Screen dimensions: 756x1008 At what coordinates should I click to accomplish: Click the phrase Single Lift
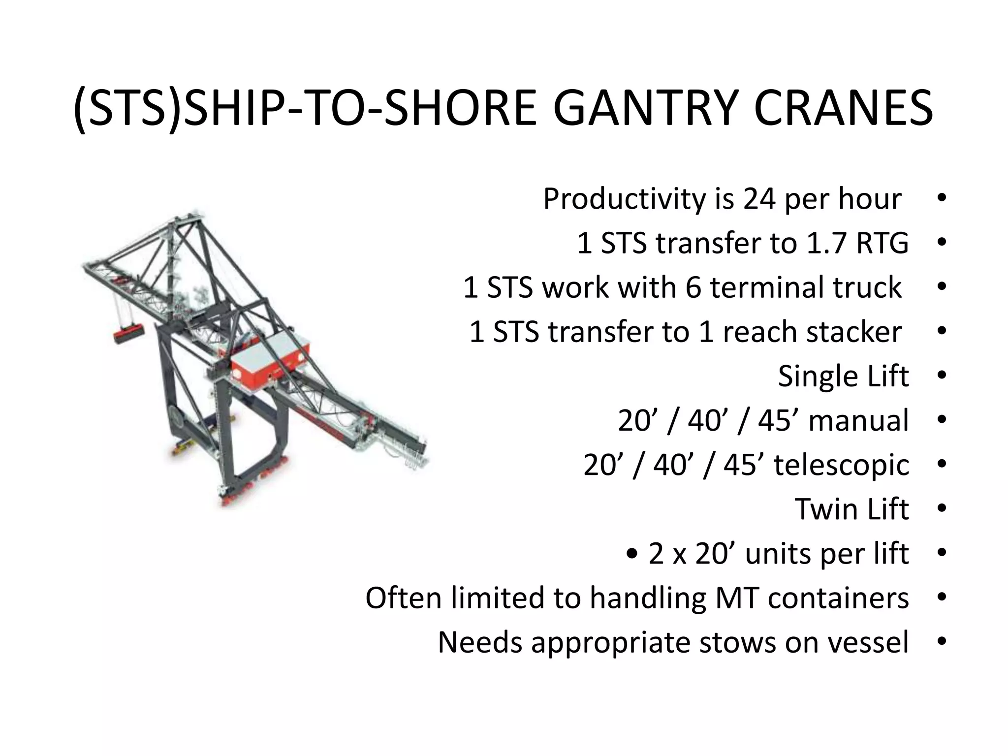[x=843, y=377]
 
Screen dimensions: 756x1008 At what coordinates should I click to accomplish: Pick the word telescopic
[x=841, y=465]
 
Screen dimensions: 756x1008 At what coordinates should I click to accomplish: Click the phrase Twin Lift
[x=851, y=509]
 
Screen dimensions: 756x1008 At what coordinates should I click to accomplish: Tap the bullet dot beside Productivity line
[x=942, y=199]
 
